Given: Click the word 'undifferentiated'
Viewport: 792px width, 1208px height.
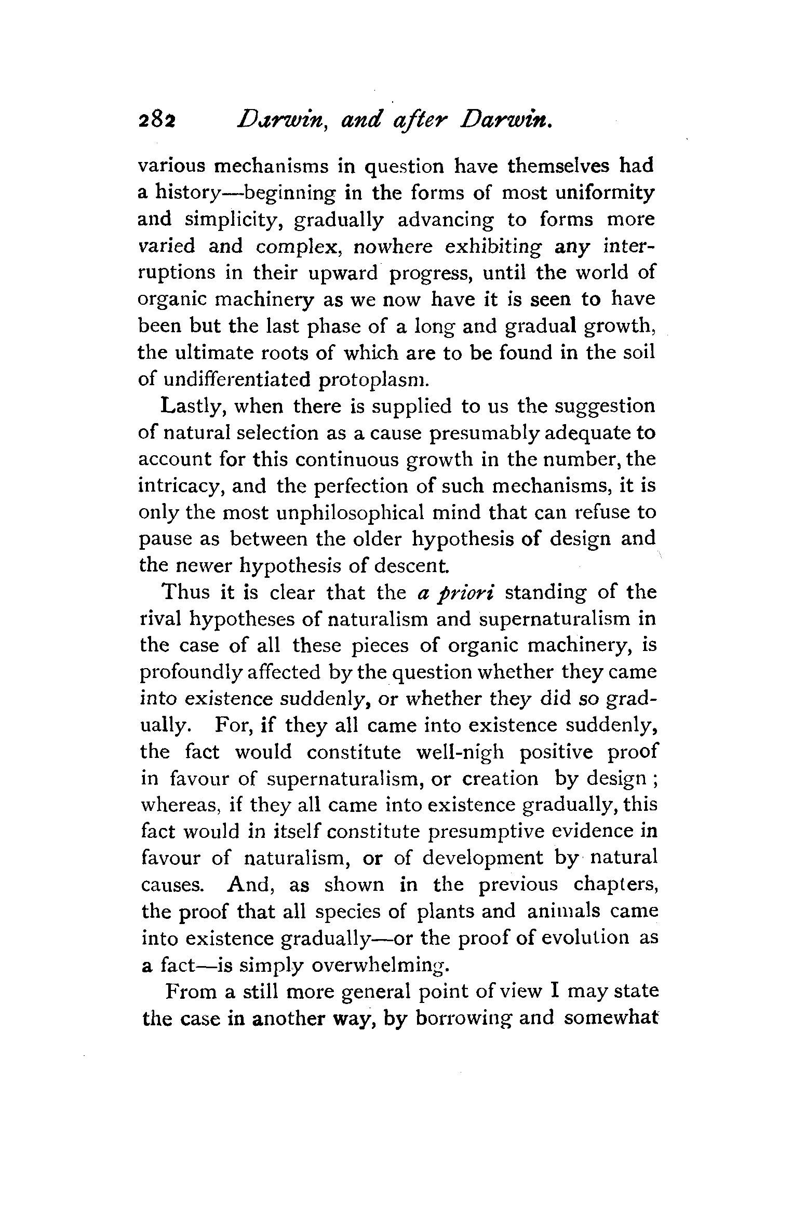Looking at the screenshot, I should (237, 379).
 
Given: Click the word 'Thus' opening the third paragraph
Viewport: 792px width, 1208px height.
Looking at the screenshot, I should (187, 592).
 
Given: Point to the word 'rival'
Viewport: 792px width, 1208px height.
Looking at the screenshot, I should (159, 619).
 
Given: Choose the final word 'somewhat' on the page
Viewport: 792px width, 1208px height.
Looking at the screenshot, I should (611, 1017).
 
